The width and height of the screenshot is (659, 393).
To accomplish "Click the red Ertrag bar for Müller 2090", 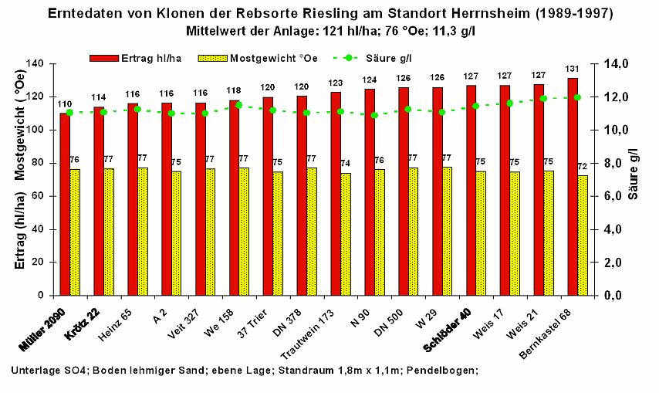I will (x=64, y=205).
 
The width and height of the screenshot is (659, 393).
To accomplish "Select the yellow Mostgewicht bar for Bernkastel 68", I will (x=583, y=235).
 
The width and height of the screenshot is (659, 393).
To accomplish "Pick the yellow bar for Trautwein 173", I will (x=346, y=234).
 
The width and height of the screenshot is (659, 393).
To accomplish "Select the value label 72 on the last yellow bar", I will (x=583, y=167).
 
